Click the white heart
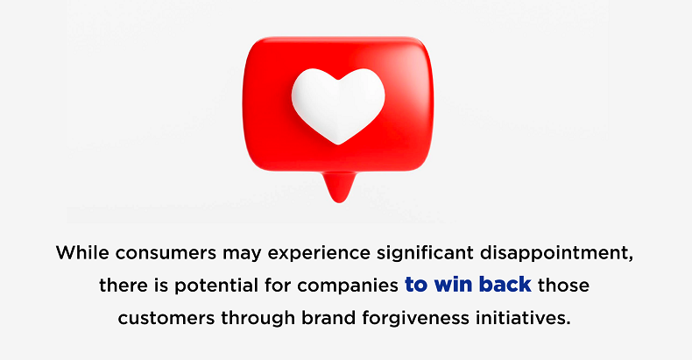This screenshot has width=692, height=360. coord(338,106)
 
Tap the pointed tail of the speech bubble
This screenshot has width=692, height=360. coord(338,187)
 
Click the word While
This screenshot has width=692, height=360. coord(82,253)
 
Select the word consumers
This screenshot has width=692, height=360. coord(166,254)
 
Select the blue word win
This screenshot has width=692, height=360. coord(454,286)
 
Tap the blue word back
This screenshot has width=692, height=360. coord(505,285)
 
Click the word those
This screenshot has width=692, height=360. coord(563,286)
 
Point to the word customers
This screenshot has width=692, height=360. coord(166,318)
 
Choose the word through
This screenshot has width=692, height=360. coord(258,319)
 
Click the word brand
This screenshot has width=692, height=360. coord(328,318)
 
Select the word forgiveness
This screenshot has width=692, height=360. coord(416,319)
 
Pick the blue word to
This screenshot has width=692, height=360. coord(417,286)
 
